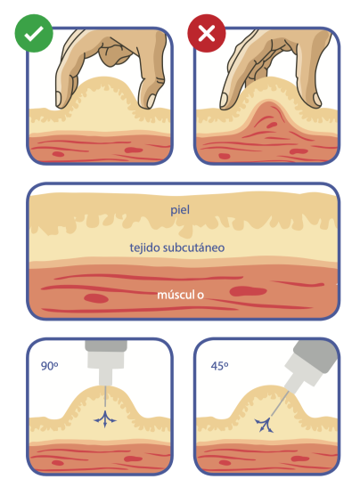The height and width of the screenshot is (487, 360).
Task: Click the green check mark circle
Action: coord(34,33)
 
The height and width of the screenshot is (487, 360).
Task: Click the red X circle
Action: coord(207,33)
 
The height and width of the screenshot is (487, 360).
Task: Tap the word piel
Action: coord(180,210)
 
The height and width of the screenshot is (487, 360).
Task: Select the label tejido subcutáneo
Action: coord(177,248)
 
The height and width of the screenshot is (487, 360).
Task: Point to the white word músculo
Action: coord(180,295)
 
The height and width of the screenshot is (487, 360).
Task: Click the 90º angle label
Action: coord(49,366)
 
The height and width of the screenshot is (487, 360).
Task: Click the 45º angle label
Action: coord(219,366)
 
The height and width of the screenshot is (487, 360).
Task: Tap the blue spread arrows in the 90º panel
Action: coord(105,419)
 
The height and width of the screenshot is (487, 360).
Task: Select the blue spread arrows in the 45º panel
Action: coord(265,425)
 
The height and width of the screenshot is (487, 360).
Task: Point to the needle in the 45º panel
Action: coord(279,404)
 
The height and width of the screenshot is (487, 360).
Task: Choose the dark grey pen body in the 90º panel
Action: coord(106,346)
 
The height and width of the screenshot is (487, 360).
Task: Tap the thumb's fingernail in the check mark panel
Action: coord(151,101)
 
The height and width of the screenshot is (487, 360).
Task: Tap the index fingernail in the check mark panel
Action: coord(59,99)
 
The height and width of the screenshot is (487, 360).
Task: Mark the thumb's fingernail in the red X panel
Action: coord(317,100)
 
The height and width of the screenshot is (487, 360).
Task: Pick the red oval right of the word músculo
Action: coord(248,291)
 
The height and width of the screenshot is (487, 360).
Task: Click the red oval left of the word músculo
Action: coord(96,299)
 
